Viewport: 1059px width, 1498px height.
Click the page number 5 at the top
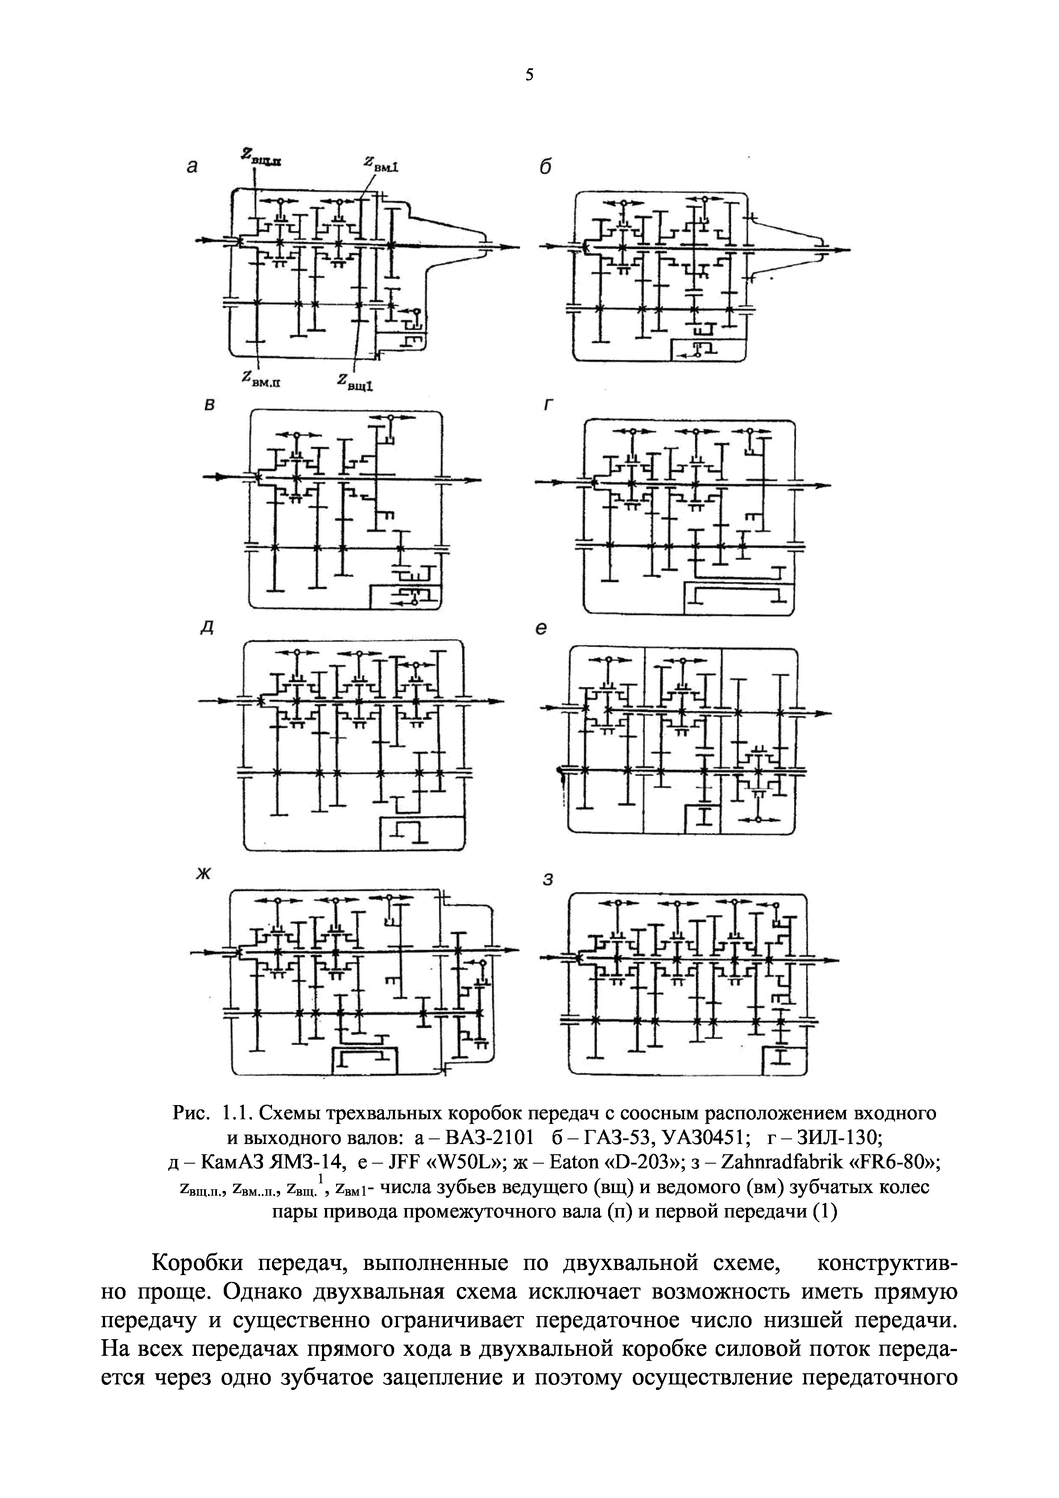(529, 76)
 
